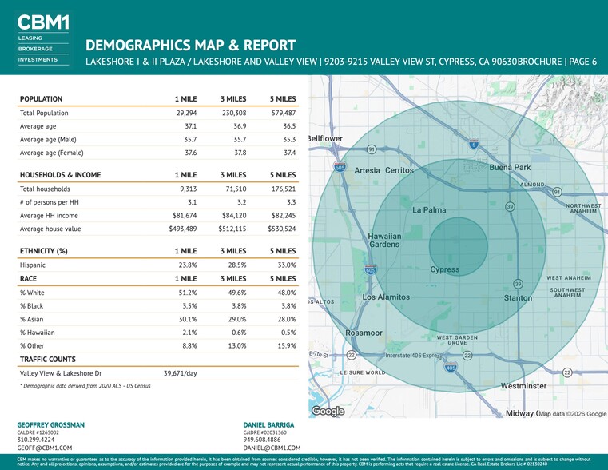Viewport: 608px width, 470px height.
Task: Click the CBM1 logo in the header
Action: pos(43,22)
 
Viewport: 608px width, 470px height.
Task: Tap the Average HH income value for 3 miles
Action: pos(234,215)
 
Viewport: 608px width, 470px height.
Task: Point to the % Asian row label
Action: pos(32,319)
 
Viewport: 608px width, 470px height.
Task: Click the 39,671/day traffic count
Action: pos(181,373)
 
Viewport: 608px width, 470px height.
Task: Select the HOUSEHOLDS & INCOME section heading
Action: pos(60,174)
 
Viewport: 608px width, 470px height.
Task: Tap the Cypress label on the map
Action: pos(445,269)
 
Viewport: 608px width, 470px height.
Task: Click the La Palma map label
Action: pos(429,210)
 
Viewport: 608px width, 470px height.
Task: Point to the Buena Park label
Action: pos(510,168)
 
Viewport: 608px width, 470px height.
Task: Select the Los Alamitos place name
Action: pos(386,297)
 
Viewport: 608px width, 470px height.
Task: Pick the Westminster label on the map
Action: pos(523,386)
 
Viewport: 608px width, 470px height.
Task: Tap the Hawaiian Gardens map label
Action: pos(384,240)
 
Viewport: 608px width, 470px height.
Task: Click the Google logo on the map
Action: pos(328,411)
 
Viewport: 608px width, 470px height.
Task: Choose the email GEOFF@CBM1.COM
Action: pos(45,448)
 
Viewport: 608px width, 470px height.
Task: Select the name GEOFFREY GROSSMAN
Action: pos(50,424)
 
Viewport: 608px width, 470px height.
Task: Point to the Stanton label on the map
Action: pos(518,298)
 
